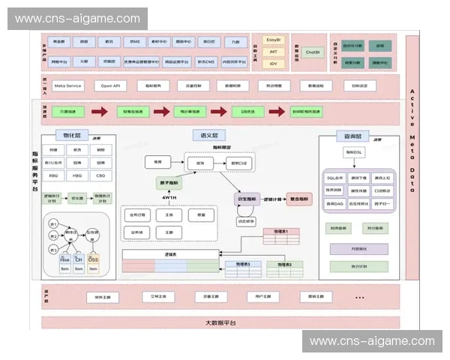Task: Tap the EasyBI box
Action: [274, 39]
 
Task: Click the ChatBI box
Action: [312, 52]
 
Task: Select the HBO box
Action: [78, 176]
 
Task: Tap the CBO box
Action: [100, 176]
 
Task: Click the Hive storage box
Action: [64, 259]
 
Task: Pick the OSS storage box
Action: [93, 259]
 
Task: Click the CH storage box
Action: [79, 259]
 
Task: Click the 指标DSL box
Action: [355, 152]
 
